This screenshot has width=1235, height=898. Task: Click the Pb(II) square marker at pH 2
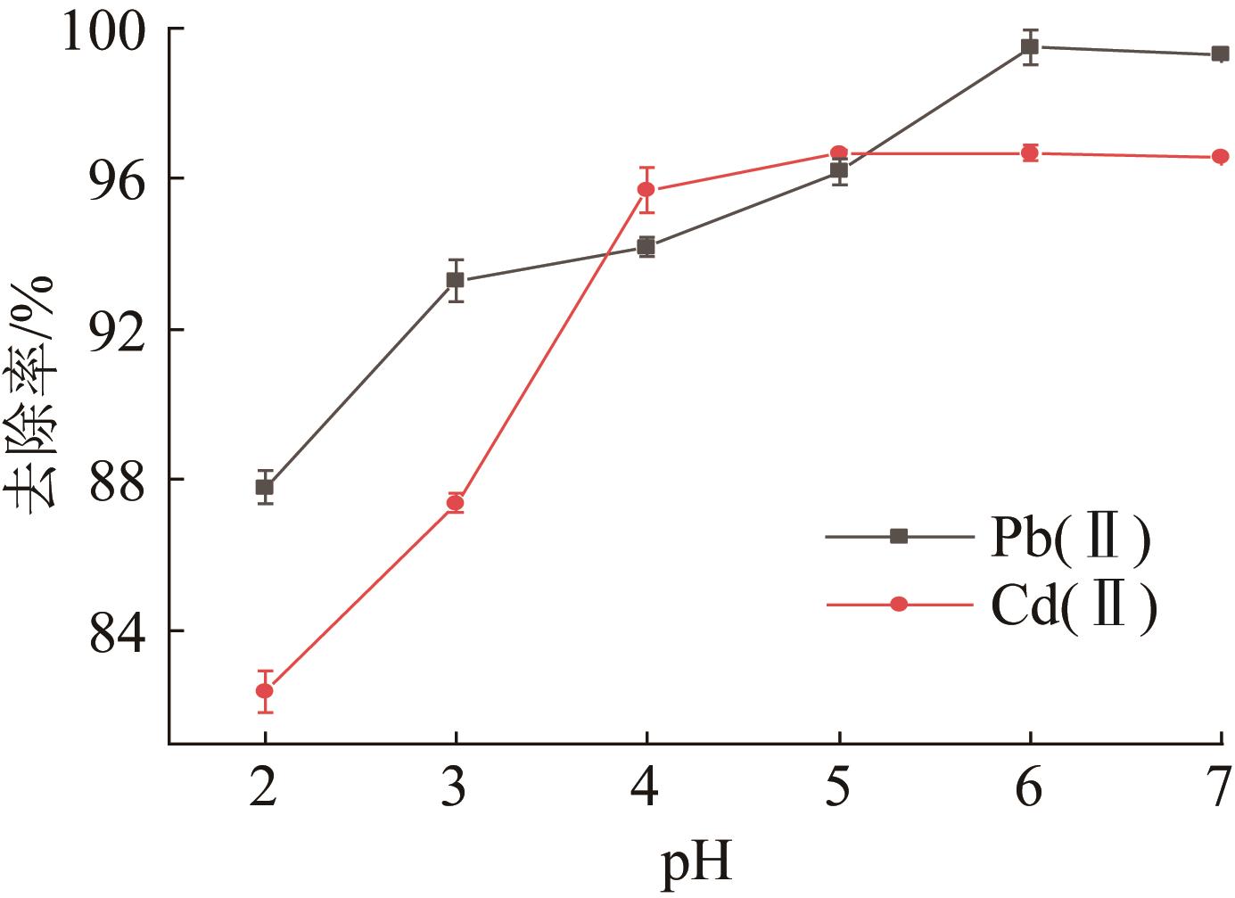pyautogui.click(x=265, y=487)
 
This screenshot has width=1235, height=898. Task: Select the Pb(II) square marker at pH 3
pyautogui.click(x=456, y=280)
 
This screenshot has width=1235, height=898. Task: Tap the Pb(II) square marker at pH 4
pyautogui.click(x=646, y=246)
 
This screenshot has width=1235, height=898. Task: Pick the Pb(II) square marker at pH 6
pyautogui.click(x=1030, y=46)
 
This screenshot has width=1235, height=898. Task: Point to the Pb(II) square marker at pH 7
pyautogui.click(x=1221, y=54)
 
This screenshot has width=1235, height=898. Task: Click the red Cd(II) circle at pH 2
pyautogui.click(x=265, y=690)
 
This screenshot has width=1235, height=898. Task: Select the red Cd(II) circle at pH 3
pyautogui.click(x=456, y=503)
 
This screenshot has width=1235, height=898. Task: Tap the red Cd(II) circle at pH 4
pyautogui.click(x=646, y=189)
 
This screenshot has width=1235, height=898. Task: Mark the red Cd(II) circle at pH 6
pyautogui.click(x=1030, y=152)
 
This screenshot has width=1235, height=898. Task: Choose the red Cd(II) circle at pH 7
pyautogui.click(x=1221, y=157)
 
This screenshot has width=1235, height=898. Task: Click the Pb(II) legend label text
pyautogui.click(x=1069, y=538)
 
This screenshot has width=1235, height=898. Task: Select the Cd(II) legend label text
pyautogui.click(x=1074, y=606)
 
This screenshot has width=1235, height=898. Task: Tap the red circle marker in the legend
pyautogui.click(x=899, y=605)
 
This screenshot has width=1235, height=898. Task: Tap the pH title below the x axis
pyautogui.click(x=696, y=864)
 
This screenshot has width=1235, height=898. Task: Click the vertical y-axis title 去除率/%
pyautogui.click(x=36, y=392)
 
